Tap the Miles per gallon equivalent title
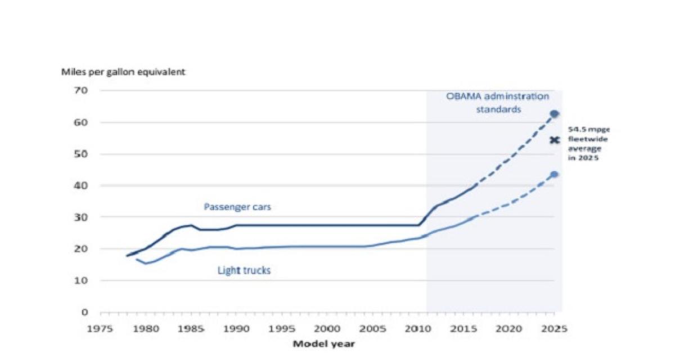(x=124, y=72)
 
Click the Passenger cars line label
(x=237, y=207)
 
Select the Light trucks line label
(x=244, y=271)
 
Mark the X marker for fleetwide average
(x=554, y=140)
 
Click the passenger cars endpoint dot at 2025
(x=554, y=114)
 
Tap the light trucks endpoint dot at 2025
(x=554, y=174)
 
